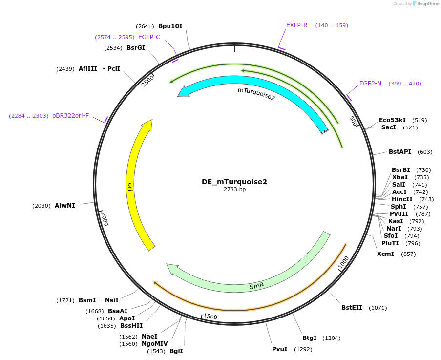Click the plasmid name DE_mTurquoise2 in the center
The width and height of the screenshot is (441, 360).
point(234,182)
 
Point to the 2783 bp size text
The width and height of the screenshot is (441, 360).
point(234,190)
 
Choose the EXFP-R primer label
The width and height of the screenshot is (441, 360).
point(297,25)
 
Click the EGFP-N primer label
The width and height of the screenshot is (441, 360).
point(370,84)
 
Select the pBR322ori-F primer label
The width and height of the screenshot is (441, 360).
point(71,116)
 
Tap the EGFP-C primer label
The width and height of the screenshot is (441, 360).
point(149,37)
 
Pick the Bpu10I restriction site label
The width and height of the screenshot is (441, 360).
point(170,26)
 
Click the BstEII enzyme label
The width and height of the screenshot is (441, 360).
point(352,307)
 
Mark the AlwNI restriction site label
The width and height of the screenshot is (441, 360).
point(65,206)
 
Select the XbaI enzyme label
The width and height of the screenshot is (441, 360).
point(400,177)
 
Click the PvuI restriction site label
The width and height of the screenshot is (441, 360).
point(280,349)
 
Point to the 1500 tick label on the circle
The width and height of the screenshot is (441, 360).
point(210,317)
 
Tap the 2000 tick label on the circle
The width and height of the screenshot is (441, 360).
point(105,219)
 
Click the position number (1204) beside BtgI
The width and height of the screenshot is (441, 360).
point(331,338)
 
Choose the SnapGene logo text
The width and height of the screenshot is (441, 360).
point(428,3)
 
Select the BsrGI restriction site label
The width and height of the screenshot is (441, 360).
point(136,48)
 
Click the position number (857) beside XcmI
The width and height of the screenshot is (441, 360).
point(408,254)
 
